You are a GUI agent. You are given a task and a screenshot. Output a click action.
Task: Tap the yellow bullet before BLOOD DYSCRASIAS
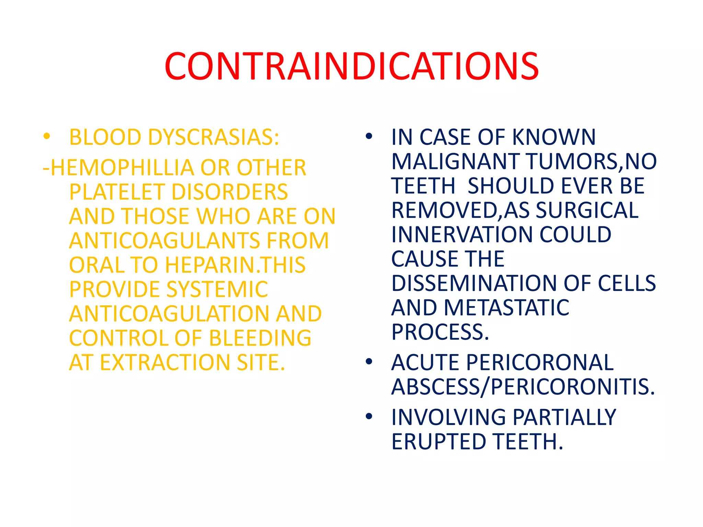coord(47,137)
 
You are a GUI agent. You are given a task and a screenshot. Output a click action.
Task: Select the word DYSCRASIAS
coord(214,137)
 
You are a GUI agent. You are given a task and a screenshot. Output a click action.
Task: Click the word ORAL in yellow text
coord(97,265)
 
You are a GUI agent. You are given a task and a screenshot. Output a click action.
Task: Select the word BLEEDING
coord(260,338)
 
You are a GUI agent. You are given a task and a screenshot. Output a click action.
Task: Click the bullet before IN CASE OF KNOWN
coord(369,137)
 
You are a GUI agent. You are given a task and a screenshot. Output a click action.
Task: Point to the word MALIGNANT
coord(456,161)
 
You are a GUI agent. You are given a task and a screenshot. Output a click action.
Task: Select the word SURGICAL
coord(587,210)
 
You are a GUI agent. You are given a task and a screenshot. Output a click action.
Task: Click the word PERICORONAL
coord(540,362)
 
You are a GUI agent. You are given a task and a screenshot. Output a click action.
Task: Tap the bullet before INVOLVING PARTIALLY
coord(369,416)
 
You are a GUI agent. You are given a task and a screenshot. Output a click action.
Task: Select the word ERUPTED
coord(439,442)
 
